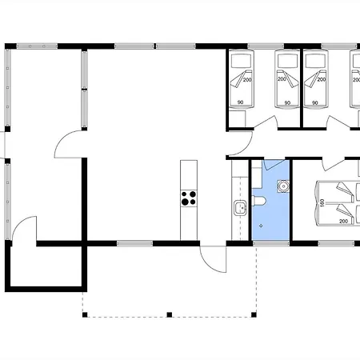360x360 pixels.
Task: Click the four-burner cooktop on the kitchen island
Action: point(189,198)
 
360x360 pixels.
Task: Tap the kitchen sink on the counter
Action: point(240,208)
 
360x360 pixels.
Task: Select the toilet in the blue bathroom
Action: point(258,201)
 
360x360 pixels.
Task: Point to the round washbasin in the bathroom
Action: point(283,186)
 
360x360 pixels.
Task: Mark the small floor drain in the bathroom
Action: point(261,226)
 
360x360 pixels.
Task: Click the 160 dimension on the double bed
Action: point(322,203)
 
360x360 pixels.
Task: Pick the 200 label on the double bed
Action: point(343,222)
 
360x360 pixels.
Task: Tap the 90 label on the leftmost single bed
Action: point(240,102)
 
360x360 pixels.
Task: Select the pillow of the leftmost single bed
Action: point(242,61)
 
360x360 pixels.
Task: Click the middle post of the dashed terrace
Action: point(170,315)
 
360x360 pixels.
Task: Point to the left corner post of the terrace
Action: point(85,315)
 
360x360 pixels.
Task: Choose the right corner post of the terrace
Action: point(254,315)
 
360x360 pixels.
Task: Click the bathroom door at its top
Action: point(274,164)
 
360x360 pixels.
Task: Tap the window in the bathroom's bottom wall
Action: point(271,243)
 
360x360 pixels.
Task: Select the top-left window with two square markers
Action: point(37,46)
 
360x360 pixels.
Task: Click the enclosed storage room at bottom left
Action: point(46,266)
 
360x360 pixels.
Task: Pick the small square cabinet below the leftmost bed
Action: point(237,118)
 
